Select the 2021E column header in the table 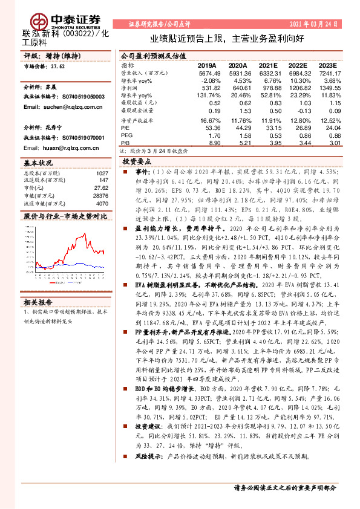click(x=270, y=65)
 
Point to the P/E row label click(x=125, y=128)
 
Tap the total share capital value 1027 click(x=102, y=173)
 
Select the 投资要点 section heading click(x=136, y=163)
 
